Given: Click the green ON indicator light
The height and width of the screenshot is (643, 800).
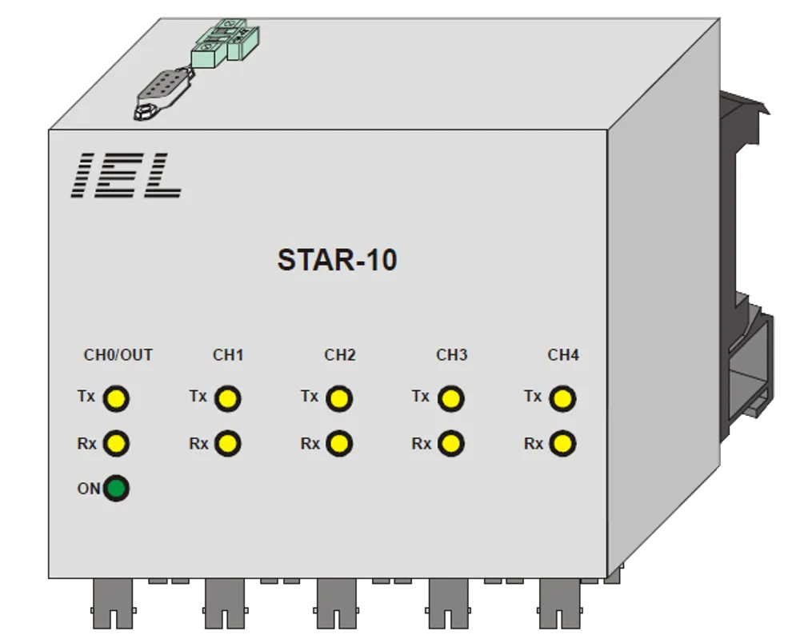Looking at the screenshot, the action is (x=116, y=489).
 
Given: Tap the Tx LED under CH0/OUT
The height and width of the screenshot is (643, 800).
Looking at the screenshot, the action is (x=116, y=398).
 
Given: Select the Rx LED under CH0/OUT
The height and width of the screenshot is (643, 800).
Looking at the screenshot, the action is (x=116, y=443).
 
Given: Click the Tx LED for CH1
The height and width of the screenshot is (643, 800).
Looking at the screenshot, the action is (x=227, y=398).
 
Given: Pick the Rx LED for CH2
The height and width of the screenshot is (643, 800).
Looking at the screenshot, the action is (x=339, y=443).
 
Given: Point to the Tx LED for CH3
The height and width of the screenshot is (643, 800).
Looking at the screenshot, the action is (x=451, y=398).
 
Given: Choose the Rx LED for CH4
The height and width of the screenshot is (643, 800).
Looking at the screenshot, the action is (x=562, y=443).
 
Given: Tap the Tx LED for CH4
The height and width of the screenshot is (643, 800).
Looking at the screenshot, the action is (x=562, y=398).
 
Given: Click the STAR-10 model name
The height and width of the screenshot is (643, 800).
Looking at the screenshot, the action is (x=338, y=260).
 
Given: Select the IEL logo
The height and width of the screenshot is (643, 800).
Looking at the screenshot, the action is (x=126, y=175).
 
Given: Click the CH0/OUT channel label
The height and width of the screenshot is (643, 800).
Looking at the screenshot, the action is (x=118, y=355).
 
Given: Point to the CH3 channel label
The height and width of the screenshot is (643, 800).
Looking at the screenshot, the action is (x=451, y=355).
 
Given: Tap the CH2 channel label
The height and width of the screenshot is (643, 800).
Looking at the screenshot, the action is (x=340, y=355).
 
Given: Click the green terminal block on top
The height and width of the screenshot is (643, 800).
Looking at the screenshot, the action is (x=225, y=44).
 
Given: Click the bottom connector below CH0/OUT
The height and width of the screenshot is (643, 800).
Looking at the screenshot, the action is (x=113, y=603).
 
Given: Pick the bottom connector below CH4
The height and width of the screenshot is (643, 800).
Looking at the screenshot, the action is (x=560, y=603).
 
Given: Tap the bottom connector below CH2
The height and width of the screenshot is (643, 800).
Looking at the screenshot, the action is (x=337, y=603).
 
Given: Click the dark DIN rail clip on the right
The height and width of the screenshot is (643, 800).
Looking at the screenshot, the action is (x=746, y=266).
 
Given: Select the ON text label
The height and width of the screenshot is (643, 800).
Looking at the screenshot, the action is (x=89, y=489).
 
